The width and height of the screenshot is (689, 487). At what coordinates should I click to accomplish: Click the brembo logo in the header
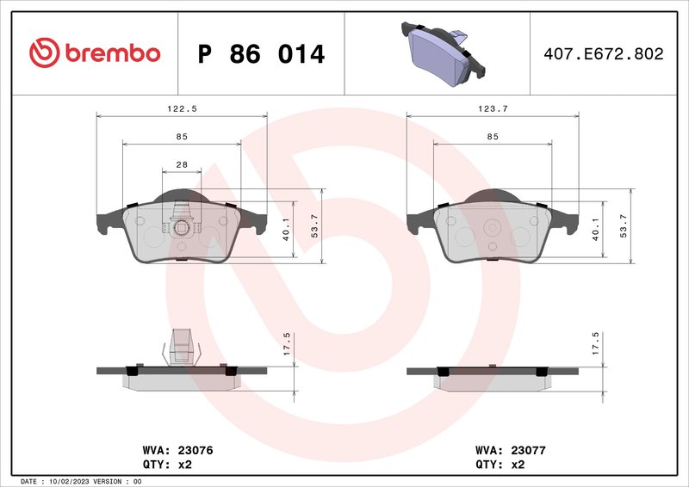point(95,53)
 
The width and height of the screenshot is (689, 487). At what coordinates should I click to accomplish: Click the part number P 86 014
point(261,54)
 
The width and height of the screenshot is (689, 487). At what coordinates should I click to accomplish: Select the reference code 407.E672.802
point(603,54)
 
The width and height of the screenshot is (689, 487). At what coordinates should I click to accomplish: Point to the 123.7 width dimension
point(491,108)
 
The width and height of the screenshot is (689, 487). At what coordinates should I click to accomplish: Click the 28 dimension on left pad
point(182,164)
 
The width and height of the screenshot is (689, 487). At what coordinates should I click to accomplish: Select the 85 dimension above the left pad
point(182,137)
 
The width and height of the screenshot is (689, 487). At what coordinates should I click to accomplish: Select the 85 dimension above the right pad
point(492,137)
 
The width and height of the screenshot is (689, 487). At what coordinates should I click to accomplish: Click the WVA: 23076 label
point(177,450)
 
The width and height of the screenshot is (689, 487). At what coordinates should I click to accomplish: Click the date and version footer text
point(80,481)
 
